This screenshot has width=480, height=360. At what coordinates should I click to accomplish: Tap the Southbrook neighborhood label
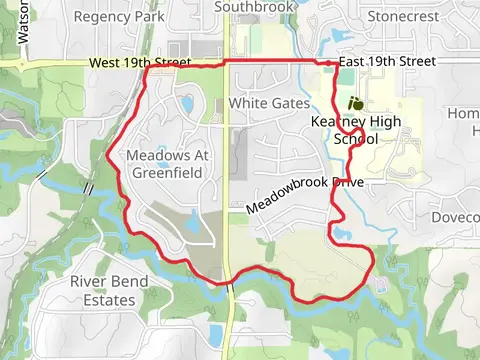tap(256, 7)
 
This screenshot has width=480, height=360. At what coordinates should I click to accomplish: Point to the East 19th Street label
tap(388, 62)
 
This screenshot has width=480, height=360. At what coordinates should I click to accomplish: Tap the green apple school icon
tap(354, 103)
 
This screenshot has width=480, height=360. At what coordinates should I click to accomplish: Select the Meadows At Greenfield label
tap(165, 164)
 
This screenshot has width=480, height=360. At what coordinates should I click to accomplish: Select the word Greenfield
tap(166, 173)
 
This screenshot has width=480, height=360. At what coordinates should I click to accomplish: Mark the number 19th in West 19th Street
tap(139, 62)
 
